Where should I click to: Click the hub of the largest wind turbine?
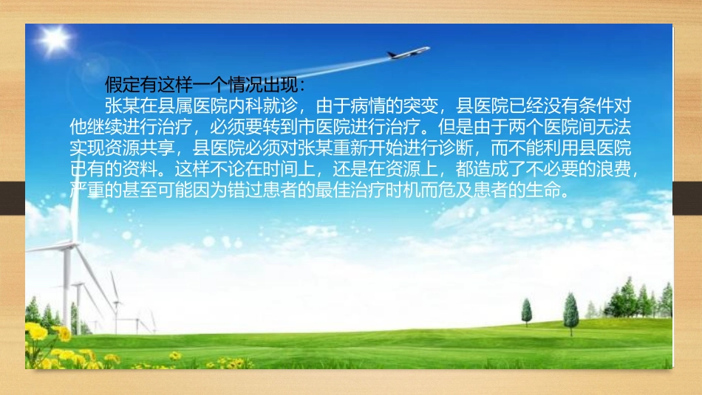click(x=67, y=247)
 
